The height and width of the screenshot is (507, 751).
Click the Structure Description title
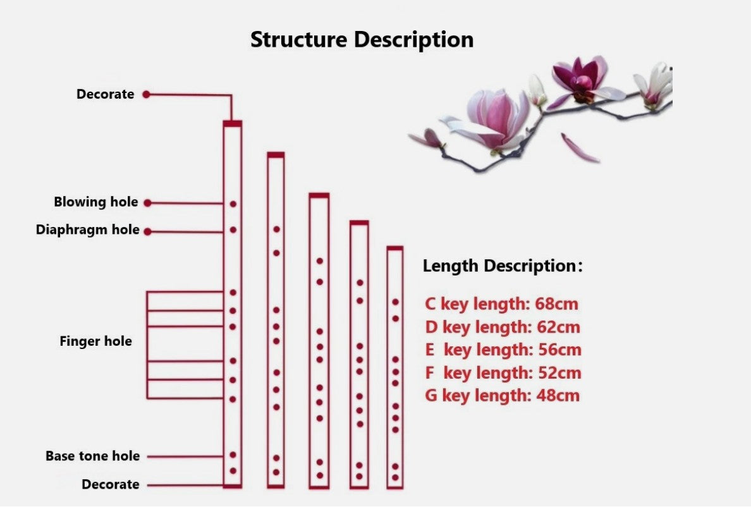pyautogui.click(x=362, y=39)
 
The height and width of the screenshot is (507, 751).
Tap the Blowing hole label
pyautogui.click(x=95, y=202)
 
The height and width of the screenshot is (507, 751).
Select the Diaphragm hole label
pyautogui.click(x=87, y=229)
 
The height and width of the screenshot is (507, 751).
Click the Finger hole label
pyautogui.click(x=95, y=341)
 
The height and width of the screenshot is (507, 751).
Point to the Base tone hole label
pyautogui.click(x=92, y=456)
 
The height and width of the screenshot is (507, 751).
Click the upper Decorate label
pyautogui.click(x=105, y=94)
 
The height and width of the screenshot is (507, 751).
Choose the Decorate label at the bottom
pyautogui.click(x=110, y=484)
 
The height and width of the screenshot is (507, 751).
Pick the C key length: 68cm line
pyautogui.click(x=501, y=304)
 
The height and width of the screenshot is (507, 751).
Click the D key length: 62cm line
pyautogui.click(x=502, y=327)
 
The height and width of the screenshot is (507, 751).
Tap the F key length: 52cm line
pyautogui.click(x=503, y=373)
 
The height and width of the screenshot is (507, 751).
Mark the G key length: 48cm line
pyautogui.click(x=502, y=396)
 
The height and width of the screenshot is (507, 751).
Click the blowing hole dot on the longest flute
pyautogui.click(x=233, y=204)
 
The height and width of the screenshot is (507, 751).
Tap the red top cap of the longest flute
pyautogui.click(x=232, y=124)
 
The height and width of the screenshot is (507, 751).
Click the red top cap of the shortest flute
pyautogui.click(x=395, y=248)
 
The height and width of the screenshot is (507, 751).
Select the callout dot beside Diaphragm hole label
pyautogui.click(x=147, y=231)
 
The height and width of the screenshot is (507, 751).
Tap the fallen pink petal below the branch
pyautogui.click(x=579, y=149)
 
